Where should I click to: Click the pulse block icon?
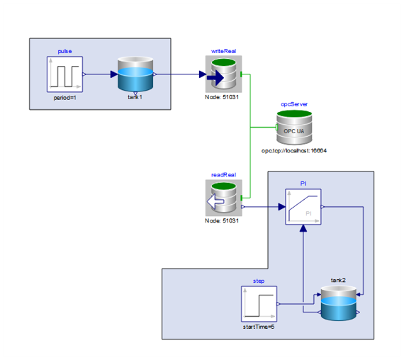click(64, 74)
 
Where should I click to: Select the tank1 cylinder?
click(135, 74)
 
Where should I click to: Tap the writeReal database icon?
click(223, 74)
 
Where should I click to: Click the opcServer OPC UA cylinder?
click(294, 128)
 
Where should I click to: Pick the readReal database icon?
click(223, 198)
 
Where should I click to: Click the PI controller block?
click(303, 207)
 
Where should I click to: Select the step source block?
click(259, 304)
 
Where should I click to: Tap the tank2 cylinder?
click(339, 303)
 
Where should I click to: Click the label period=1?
click(65, 98)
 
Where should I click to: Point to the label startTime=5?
click(259, 327)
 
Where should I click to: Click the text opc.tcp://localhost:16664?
click(294, 150)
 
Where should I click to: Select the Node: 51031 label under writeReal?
click(222, 97)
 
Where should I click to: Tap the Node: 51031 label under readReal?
click(222, 220)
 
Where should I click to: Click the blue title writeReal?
click(223, 51)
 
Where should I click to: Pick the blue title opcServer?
click(294, 104)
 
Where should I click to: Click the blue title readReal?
click(223, 175)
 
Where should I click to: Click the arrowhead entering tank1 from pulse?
click(114, 74)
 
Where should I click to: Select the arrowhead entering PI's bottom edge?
click(303, 228)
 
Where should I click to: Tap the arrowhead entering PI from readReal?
click(282, 207)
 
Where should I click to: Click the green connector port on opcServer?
click(276, 127)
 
